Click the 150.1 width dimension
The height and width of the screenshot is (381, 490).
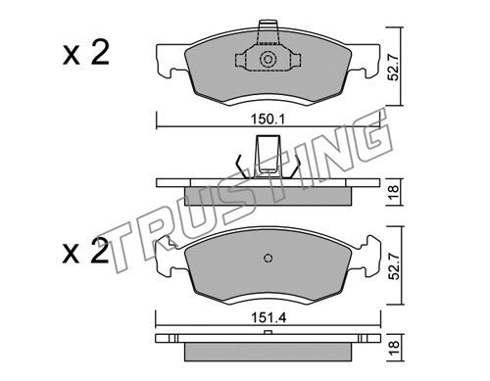(268, 119)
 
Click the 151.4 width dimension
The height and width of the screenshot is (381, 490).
(269, 317)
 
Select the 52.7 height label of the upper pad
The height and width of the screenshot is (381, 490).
(394, 68)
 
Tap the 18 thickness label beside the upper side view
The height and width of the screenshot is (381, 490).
(394, 192)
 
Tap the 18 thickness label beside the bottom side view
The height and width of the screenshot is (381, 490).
(394, 348)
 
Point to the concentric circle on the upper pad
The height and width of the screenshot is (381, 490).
(268, 60)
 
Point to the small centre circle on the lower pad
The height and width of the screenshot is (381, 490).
(268, 258)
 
